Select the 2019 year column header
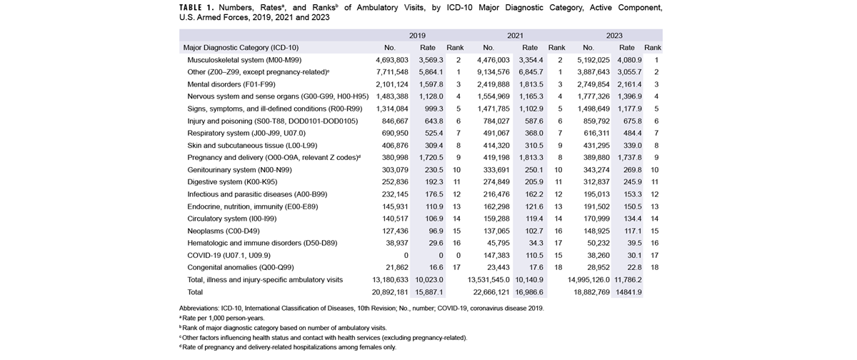pos(417,35)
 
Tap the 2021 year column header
pos(515,35)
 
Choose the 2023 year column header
pos(613,35)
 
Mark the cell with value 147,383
pos(491,255)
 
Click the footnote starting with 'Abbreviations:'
pos(361,308)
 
